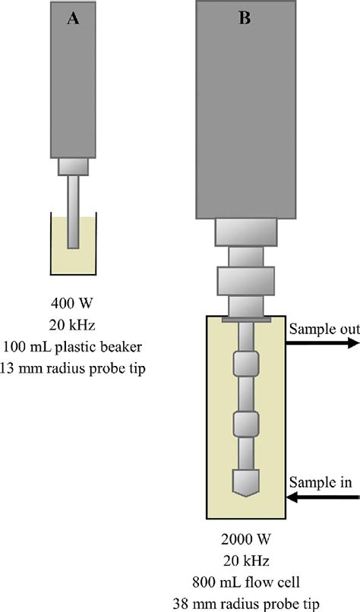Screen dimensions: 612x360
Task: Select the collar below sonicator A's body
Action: [x=73, y=165]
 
